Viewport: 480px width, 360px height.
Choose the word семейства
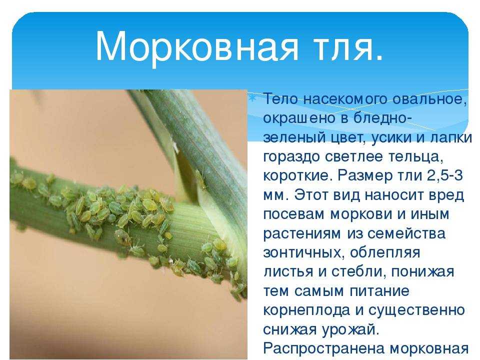pos(406,233)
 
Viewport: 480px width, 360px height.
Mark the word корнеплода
pos(306,310)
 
